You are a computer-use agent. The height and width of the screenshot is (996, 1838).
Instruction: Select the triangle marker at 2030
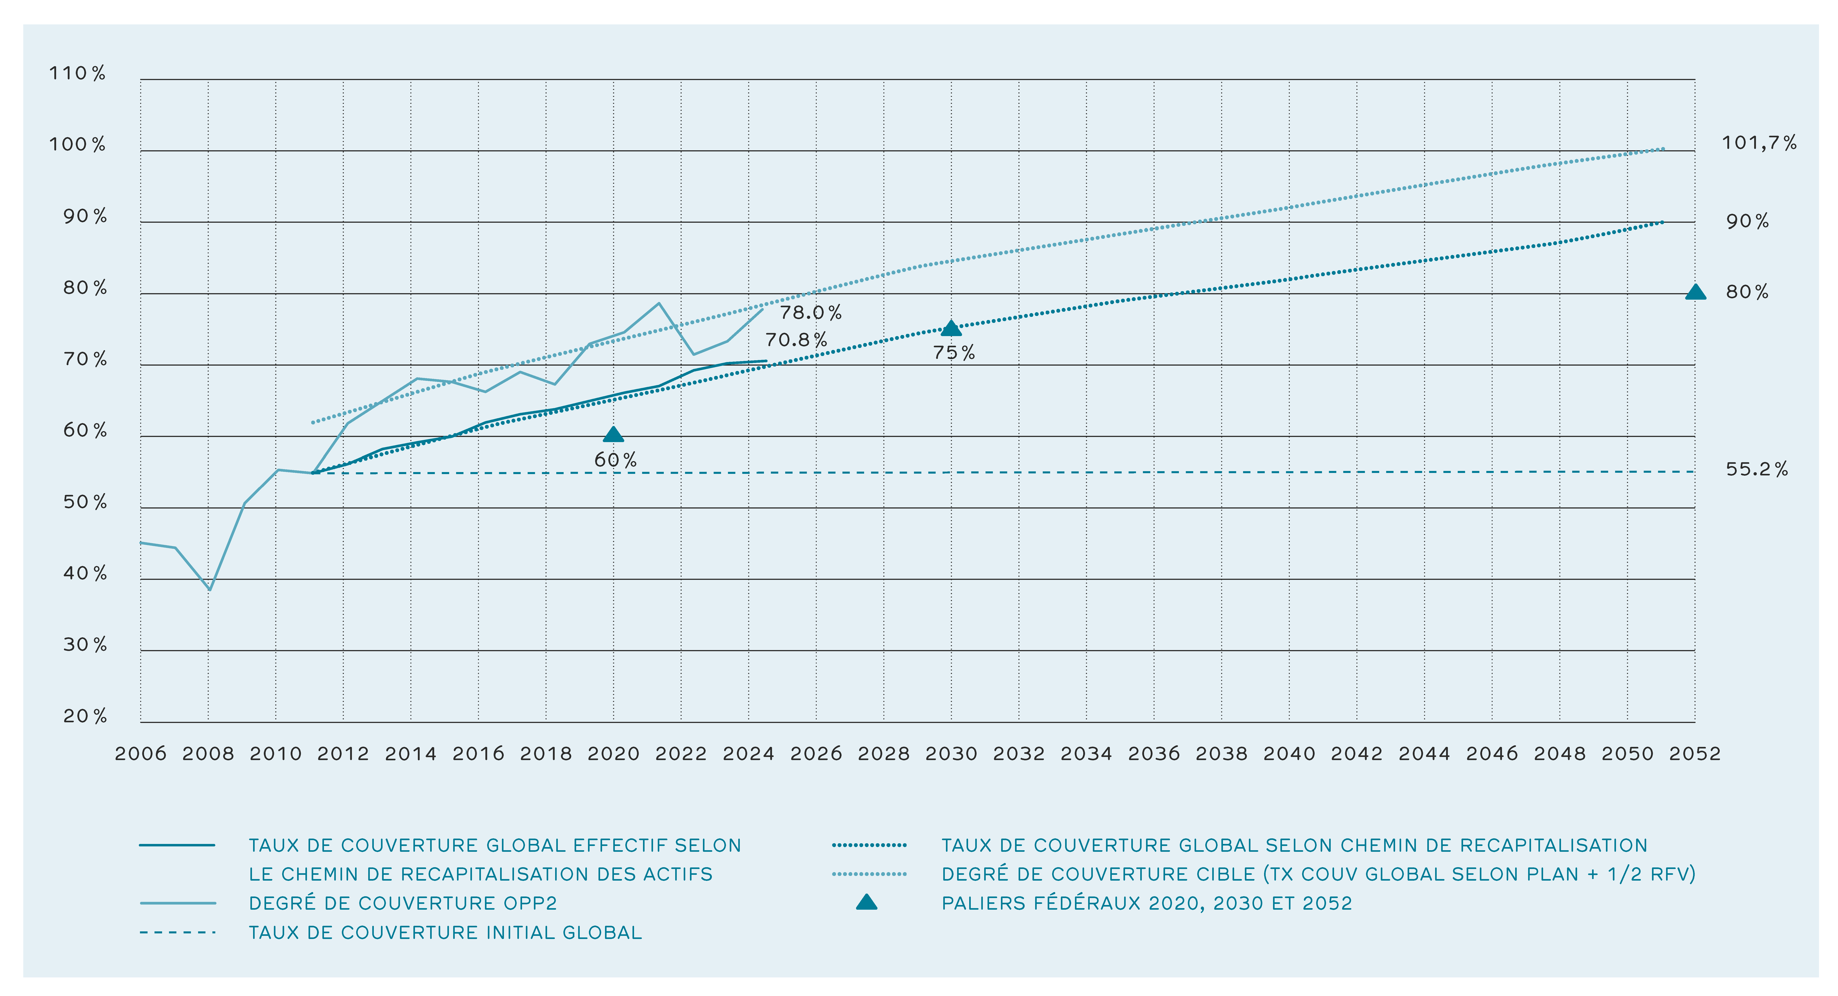pyautogui.click(x=951, y=328)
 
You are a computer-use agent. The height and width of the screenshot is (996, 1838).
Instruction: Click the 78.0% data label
pyautogui.click(x=810, y=312)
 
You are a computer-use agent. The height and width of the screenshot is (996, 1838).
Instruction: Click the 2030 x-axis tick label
pyautogui.click(x=951, y=753)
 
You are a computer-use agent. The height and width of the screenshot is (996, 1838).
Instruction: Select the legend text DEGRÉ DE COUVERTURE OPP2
pyautogui.click(x=402, y=903)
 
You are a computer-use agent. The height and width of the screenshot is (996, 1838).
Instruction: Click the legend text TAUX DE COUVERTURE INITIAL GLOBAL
pyautogui.click(x=445, y=932)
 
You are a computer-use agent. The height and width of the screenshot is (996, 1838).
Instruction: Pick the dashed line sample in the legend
pyautogui.click(x=178, y=932)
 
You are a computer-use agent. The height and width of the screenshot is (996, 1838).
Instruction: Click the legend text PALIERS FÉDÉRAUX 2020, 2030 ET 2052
pyautogui.click(x=1147, y=903)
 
